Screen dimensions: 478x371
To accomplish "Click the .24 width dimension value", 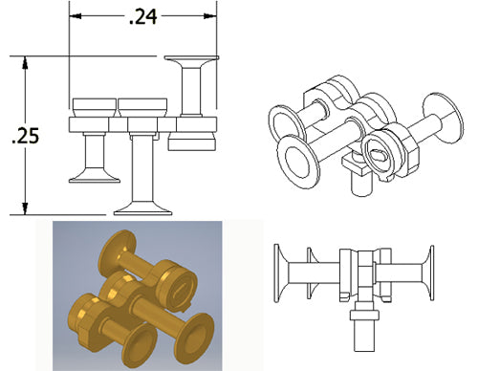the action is [143, 17].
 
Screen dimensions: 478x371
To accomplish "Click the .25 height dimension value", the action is [25, 136].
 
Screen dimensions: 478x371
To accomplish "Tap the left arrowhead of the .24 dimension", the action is [76, 16].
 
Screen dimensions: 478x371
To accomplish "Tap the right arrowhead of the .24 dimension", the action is [210, 16].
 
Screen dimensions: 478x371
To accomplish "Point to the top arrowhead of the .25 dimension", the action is [25, 62].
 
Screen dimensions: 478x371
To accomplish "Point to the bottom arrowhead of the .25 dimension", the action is [25, 208].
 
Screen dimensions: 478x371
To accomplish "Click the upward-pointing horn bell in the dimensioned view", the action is [191, 61].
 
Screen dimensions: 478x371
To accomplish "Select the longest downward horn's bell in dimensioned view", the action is [142, 207].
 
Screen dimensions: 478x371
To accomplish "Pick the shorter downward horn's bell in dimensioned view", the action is [95, 176].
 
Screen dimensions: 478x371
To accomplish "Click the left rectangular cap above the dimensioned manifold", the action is [95, 107].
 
